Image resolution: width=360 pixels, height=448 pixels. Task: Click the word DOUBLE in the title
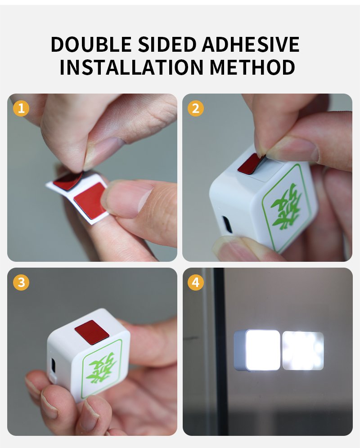[91, 44]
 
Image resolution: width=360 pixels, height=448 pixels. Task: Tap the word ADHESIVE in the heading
[251, 44]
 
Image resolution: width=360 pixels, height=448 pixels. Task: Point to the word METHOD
[252, 67]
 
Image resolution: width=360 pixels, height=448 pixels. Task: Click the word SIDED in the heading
[166, 44]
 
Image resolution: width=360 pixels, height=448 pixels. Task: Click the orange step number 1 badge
[21, 108]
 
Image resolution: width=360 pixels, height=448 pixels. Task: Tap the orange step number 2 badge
[196, 108]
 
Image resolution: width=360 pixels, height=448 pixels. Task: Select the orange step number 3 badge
[21, 282]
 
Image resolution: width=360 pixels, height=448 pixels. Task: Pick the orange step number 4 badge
[196, 282]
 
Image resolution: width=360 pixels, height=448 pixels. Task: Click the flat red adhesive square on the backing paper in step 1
[90, 201]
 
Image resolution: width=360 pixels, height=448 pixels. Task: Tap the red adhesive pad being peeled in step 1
[68, 181]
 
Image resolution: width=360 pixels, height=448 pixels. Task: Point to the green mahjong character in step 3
[102, 368]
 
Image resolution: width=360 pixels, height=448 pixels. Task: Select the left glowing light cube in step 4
[257, 350]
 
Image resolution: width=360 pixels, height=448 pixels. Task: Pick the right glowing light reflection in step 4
[303, 350]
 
